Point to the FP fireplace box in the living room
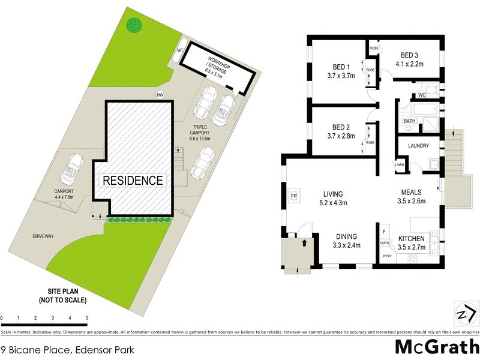(294, 196)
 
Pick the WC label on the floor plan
(421, 95)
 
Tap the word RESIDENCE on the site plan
(133, 180)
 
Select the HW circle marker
(160, 95)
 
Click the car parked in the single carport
(75, 169)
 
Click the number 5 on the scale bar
(87, 317)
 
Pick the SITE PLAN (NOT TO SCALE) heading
(63, 295)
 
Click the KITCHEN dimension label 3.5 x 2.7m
(411, 247)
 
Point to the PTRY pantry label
(387, 256)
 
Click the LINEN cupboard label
(400, 164)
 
